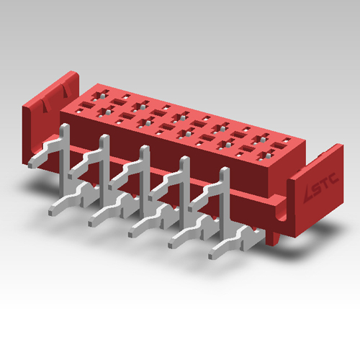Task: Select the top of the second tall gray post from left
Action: [x=104, y=141]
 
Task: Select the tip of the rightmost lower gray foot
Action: [x=213, y=255]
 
